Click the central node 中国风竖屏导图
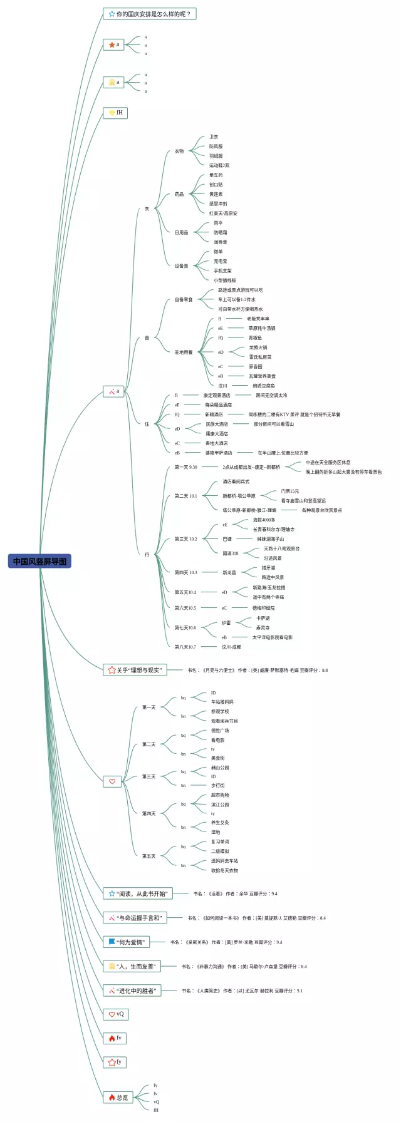(x=39, y=561)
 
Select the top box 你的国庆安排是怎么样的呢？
(x=150, y=14)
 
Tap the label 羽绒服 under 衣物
(x=216, y=156)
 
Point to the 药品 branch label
(x=179, y=194)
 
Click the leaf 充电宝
(x=220, y=261)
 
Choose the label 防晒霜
(x=220, y=232)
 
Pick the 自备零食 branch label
(x=184, y=299)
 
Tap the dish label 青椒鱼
(x=255, y=337)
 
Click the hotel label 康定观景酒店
(x=217, y=395)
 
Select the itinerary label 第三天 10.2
(x=185, y=538)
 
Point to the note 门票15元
(x=289, y=491)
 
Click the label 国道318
(x=230, y=553)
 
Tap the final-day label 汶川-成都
(x=231, y=647)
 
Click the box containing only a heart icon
(x=112, y=781)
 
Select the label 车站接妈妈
(x=222, y=702)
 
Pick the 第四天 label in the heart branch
(x=148, y=813)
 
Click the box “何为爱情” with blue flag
(x=126, y=942)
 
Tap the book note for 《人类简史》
(x=242, y=991)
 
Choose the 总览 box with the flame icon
(x=118, y=1097)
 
